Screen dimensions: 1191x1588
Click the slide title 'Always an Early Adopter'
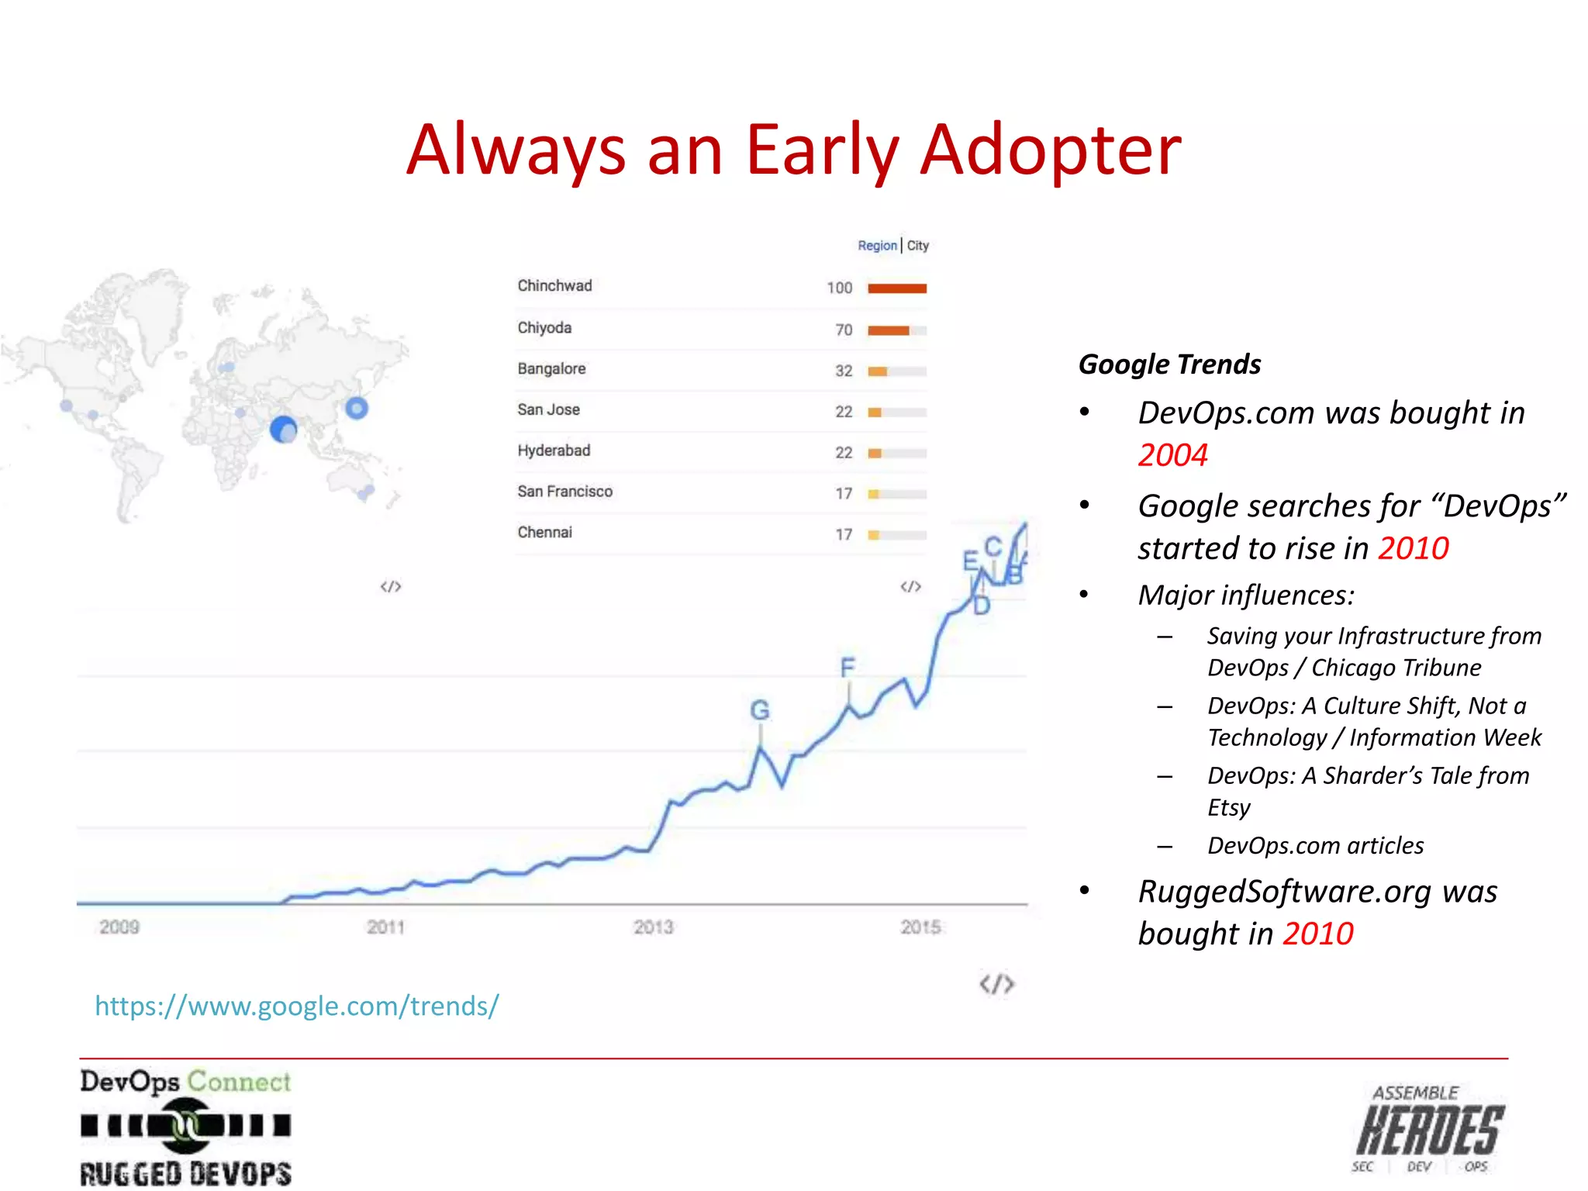[x=793, y=150]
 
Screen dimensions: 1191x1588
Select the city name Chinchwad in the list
[x=554, y=286]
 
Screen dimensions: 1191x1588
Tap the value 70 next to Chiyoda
[x=844, y=330]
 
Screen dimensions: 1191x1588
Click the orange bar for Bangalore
[x=878, y=371]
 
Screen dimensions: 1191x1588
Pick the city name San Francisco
[x=564, y=492]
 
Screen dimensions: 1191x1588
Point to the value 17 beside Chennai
[x=844, y=534]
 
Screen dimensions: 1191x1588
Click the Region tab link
[x=876, y=246]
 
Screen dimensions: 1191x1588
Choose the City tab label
[x=918, y=246]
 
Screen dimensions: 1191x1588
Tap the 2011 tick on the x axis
[x=385, y=927]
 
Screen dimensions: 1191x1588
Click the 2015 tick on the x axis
[x=920, y=927]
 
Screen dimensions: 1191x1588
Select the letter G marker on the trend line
[x=760, y=710]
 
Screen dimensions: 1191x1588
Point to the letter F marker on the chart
[x=848, y=668]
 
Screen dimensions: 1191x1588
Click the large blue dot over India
[x=283, y=429]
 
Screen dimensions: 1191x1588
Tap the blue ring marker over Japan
[x=357, y=408]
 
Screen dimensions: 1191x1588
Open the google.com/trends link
[x=297, y=1006]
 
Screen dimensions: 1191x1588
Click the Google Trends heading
[x=1169, y=364]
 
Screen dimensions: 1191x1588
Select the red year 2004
[x=1172, y=455]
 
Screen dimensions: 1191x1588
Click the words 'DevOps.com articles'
[x=1315, y=845]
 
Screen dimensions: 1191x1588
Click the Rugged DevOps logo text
[x=186, y=1173]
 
